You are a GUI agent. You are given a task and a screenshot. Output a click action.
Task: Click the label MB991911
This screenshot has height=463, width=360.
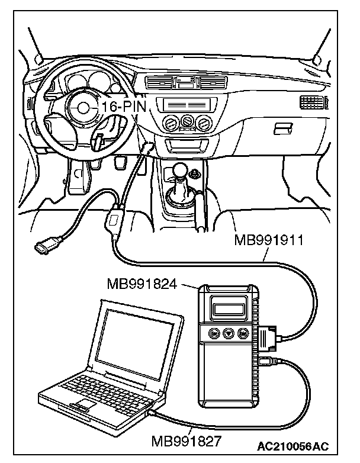pos(269,240)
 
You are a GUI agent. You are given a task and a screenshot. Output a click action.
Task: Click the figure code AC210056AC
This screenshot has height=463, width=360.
pos(292,445)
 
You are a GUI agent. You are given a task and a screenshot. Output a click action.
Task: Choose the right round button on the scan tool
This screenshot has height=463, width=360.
pos(242,335)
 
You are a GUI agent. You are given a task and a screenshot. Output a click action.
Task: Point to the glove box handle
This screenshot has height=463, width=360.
pos(282,128)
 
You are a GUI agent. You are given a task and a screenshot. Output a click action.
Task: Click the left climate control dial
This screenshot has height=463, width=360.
pos(171,123)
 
